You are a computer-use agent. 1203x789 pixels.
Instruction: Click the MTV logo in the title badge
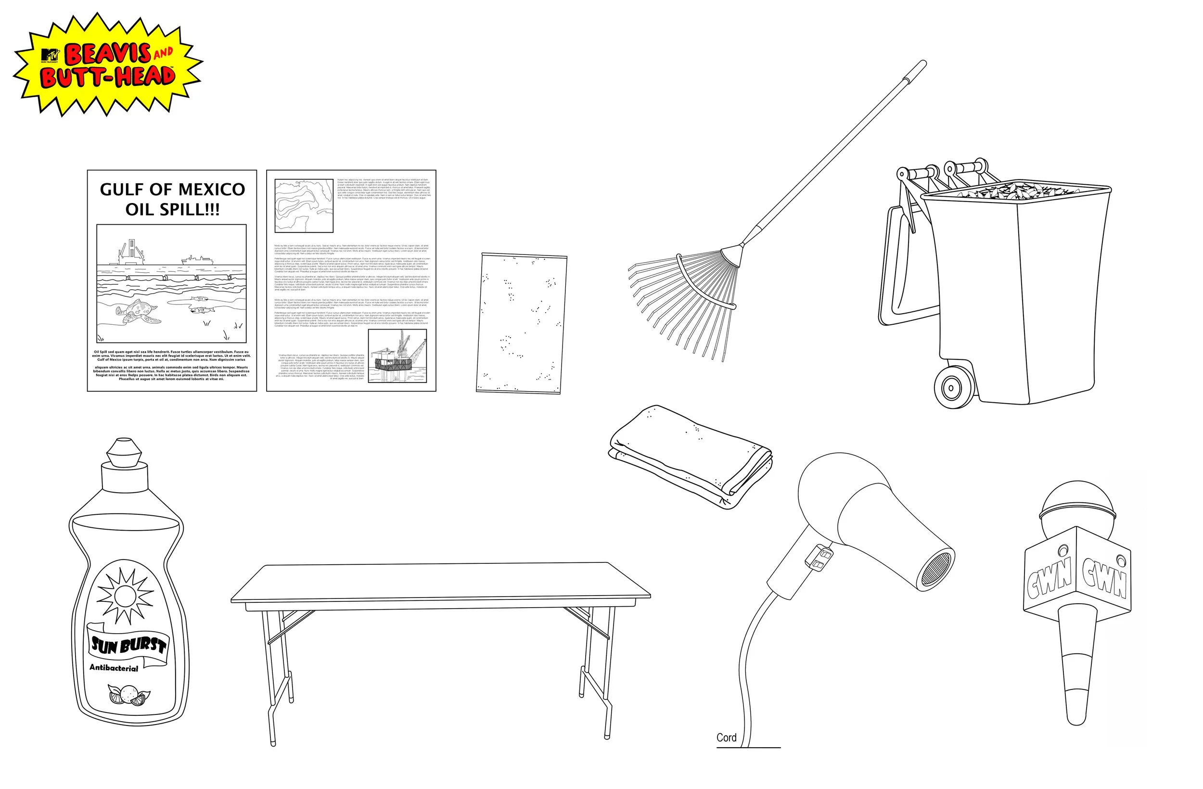pos(50,55)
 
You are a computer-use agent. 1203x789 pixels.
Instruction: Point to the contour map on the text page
pos(303,205)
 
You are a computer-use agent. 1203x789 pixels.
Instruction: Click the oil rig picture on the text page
pos(397,356)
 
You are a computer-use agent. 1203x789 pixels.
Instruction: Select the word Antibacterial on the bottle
pos(114,668)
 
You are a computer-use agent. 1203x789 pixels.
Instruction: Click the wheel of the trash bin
pos(952,388)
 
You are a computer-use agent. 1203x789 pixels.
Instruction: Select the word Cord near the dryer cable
pos(726,738)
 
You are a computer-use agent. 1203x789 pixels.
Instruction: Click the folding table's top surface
pos(440,581)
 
